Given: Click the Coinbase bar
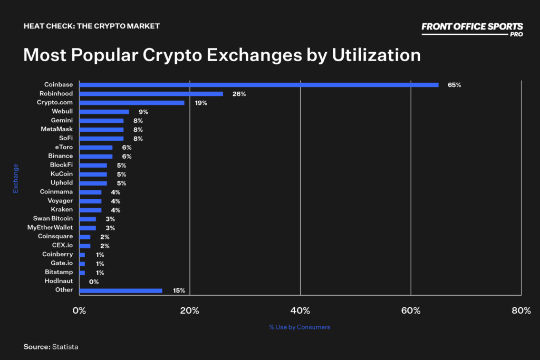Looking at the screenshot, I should tap(258, 85).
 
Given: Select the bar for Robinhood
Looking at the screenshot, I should tap(151, 94).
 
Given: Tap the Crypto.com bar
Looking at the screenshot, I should tap(131, 103).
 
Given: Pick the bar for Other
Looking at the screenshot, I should tap(120, 290).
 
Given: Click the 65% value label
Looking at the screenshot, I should tap(454, 85).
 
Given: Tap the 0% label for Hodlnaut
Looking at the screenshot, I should tap(94, 281).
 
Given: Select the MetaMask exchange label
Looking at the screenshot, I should tap(56, 129).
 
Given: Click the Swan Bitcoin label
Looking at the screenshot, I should tap(53, 219).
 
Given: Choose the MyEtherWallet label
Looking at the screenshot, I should tap(50, 228).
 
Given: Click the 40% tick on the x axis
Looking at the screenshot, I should tap(300, 311).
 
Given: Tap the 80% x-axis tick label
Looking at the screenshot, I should tap(521, 311).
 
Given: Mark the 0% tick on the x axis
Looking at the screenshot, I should tap(79, 311).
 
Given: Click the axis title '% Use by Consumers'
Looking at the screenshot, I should tap(300, 327).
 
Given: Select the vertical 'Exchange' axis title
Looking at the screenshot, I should tap(16, 179).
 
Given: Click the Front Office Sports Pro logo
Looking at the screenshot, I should tap(472, 28).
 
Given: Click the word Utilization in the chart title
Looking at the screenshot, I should tap(376, 55).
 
